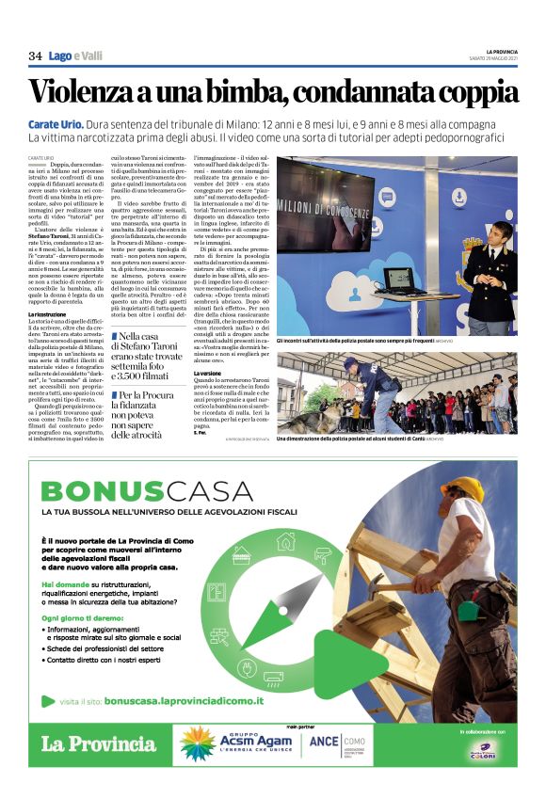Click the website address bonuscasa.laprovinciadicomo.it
pyautogui.click(x=184, y=700)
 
